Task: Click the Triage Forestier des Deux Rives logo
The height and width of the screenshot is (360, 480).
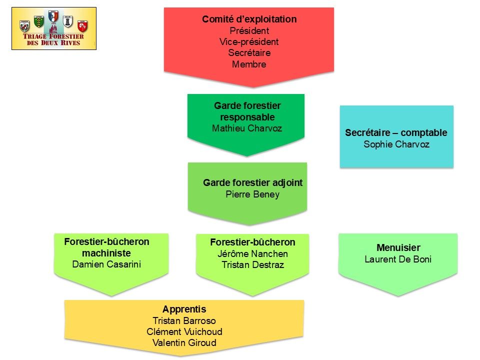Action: pos(54,28)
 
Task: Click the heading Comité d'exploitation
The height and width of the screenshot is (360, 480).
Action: pos(249,19)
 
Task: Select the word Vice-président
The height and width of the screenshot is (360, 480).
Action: pos(249,42)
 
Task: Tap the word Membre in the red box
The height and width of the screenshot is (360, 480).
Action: pos(249,64)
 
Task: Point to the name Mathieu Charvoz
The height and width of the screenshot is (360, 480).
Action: pos(247,128)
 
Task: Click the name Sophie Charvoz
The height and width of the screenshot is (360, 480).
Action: pos(396,144)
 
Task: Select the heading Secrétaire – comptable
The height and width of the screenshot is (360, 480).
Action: pos(396,133)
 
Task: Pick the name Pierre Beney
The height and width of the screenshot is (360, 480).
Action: pos(252,194)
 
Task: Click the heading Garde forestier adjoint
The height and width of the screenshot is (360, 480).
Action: pos(252,182)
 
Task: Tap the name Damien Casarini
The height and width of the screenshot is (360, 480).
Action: pos(107,264)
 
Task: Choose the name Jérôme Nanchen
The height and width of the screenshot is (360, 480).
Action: pos(252,253)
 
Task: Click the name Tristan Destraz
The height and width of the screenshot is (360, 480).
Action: pos(252,265)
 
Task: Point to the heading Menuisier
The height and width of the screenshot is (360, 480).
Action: pos(398,247)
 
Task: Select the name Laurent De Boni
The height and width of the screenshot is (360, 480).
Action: pos(398,259)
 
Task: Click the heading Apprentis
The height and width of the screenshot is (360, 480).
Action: pos(184,309)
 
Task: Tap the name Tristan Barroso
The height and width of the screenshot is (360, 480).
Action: pos(184,321)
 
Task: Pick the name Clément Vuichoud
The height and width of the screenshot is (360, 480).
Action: pos(184,332)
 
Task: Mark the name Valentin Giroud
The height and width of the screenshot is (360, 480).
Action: pos(184,343)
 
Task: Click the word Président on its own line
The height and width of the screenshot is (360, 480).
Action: pos(249,31)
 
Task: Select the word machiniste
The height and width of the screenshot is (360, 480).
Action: pos(106,252)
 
